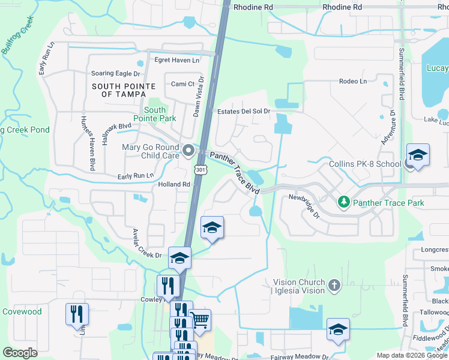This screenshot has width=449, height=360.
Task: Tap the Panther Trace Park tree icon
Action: [344, 203]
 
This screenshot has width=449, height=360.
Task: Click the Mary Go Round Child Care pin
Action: [188, 151]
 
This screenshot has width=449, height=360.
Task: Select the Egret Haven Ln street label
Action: [177, 60]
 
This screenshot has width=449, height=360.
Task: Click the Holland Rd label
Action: [174, 184]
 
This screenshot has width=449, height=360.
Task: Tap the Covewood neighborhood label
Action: [22, 311]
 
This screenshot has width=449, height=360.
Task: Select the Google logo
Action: [20, 353]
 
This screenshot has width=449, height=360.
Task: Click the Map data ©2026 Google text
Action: [411, 355]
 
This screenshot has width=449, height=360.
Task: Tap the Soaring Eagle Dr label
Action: [115, 74]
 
